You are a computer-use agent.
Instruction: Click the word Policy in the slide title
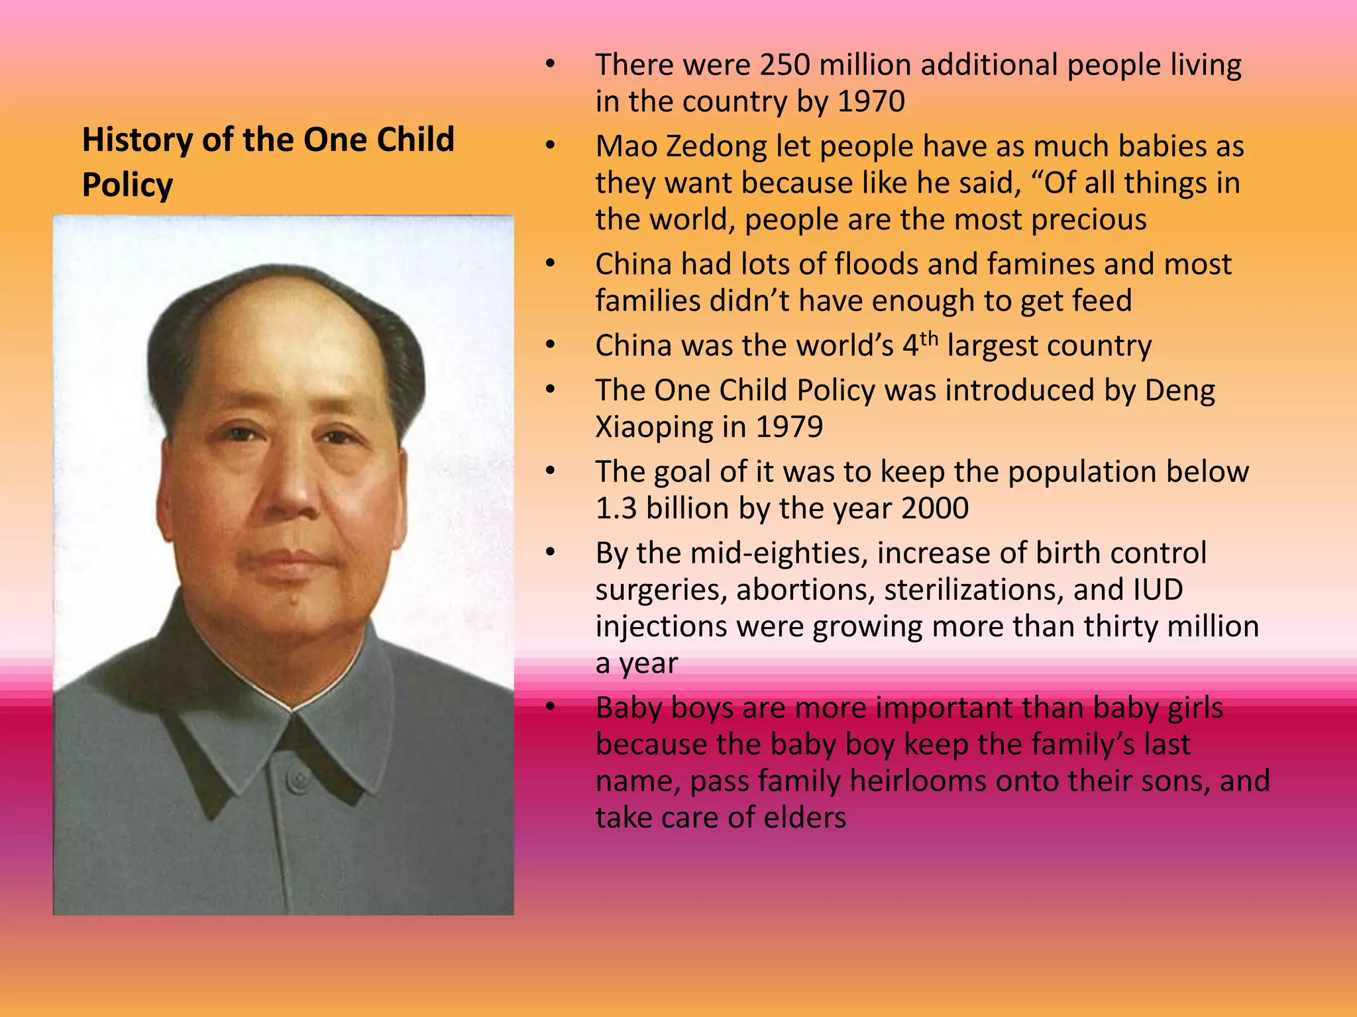click(x=127, y=185)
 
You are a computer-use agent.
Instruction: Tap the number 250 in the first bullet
click(x=785, y=65)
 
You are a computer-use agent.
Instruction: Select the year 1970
click(x=871, y=101)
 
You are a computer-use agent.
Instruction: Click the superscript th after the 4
click(x=929, y=338)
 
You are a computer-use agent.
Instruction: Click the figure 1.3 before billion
click(x=616, y=508)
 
